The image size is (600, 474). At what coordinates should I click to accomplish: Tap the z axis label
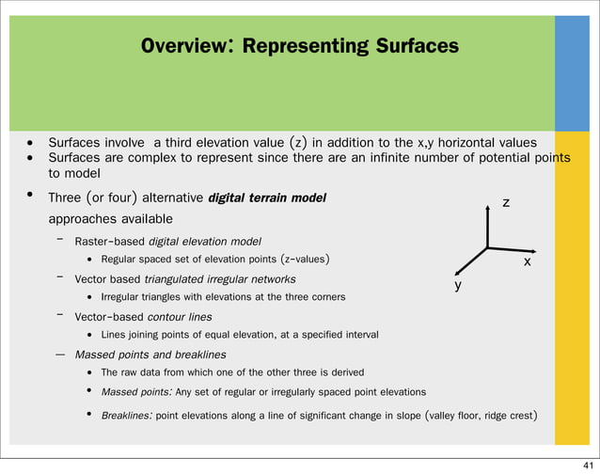tap(506, 202)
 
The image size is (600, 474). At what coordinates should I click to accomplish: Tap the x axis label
tap(528, 262)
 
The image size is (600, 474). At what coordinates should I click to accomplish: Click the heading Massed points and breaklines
tap(150, 355)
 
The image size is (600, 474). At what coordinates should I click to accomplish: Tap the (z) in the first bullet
tap(297, 142)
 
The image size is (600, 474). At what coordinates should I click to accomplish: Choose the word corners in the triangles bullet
tap(324, 297)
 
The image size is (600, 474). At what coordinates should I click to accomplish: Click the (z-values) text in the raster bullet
tap(294, 259)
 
